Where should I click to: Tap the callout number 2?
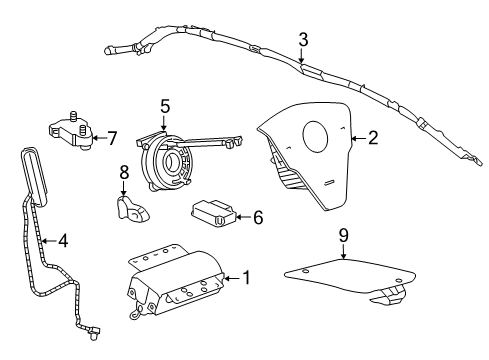372,138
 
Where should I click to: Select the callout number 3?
301,41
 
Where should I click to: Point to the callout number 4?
62,240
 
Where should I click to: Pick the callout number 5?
165,105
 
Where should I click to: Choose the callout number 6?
257,216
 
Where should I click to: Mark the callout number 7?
112,137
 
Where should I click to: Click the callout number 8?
124,172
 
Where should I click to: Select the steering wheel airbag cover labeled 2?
305,150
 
